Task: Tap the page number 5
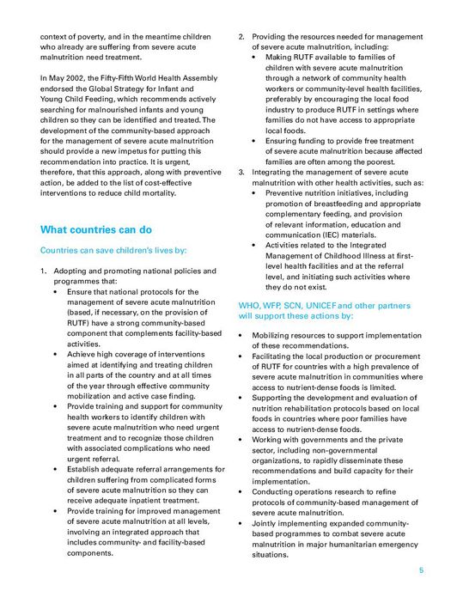[421, 570]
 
